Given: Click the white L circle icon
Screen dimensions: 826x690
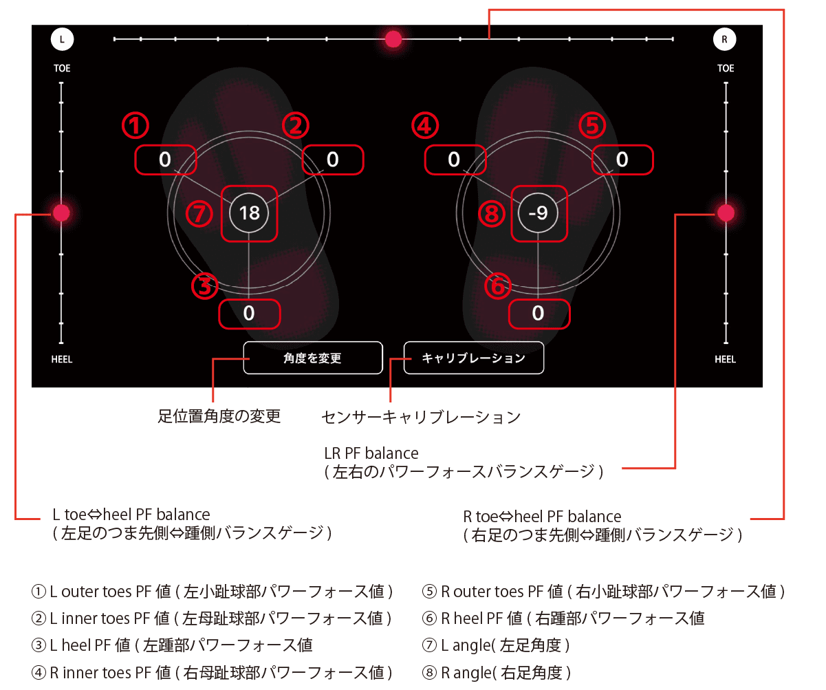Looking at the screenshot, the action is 62,39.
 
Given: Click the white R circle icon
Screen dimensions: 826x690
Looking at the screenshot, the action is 724,39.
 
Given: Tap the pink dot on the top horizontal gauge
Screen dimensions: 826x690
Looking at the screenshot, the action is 393,39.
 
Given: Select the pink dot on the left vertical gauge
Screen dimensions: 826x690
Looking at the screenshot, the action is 61,213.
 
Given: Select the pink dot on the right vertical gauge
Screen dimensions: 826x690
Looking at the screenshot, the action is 726,213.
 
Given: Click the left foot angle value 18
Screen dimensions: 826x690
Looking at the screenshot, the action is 249,213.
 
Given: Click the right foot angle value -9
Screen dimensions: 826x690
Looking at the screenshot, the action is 539,213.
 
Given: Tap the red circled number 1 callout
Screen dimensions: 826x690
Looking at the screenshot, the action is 135,126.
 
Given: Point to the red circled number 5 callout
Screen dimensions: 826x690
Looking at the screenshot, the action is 591,126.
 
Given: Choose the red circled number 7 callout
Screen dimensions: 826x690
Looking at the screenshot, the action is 199,214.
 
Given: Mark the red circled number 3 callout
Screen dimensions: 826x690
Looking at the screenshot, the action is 204,286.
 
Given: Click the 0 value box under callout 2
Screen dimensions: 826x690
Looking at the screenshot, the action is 333,160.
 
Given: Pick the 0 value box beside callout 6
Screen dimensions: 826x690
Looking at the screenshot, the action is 539,314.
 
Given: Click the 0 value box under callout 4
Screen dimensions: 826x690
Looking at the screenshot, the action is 455,160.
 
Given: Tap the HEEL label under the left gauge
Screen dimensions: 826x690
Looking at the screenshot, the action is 62,359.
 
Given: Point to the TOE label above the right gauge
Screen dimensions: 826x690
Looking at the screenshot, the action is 726,68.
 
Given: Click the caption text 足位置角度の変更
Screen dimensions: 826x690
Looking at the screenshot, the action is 219,416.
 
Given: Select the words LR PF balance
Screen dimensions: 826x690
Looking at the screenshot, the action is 371,453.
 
